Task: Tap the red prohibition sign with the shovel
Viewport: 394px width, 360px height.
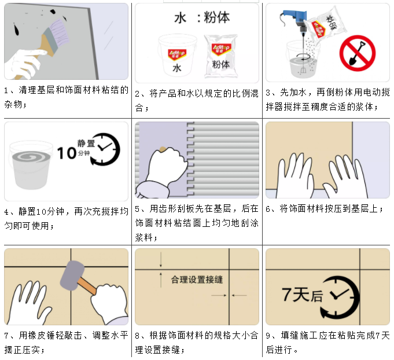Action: pyautogui.click(x=358, y=53)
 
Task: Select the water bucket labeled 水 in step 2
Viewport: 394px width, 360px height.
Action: pyautogui.click(x=177, y=56)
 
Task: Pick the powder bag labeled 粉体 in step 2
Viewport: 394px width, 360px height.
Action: pyautogui.click(x=221, y=56)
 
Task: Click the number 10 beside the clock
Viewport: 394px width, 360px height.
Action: pyautogui.click(x=67, y=153)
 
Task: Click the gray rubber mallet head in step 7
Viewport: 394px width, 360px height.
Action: pyautogui.click(x=72, y=275)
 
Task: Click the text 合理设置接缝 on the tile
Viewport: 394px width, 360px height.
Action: pyautogui.click(x=197, y=280)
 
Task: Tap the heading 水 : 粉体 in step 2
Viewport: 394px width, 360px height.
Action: pyautogui.click(x=202, y=17)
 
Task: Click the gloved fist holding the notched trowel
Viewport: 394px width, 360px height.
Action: pyautogui.click(x=167, y=165)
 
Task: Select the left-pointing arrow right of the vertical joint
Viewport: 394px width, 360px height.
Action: pyautogui.click(x=239, y=295)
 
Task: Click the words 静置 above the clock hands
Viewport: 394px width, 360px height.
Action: pyautogui.click(x=86, y=144)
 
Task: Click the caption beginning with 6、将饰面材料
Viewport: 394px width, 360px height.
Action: pyautogui.click(x=325, y=209)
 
